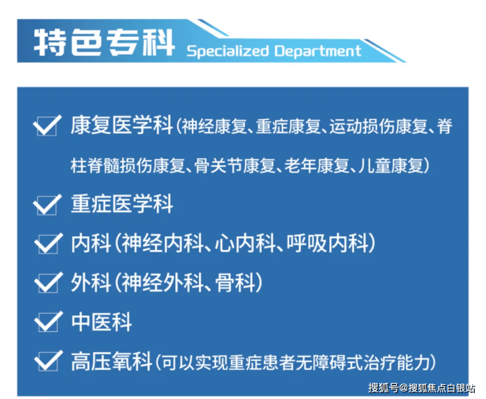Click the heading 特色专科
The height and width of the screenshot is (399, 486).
click(104, 43)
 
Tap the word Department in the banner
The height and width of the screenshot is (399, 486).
click(318, 51)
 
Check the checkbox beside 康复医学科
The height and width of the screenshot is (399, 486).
click(47, 125)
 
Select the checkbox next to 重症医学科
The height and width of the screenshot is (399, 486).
click(47, 205)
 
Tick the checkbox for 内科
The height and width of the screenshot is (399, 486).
click(48, 243)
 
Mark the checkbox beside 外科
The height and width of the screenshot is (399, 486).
click(48, 283)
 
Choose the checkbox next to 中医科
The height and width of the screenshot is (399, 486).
click(48, 322)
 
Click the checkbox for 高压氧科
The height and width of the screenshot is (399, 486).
click(48, 361)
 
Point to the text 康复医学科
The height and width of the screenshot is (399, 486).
click(121, 125)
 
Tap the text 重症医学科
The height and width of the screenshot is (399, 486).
click(121, 204)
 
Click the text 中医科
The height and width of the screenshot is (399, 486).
click(102, 322)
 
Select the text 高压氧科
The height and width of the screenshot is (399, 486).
click(112, 361)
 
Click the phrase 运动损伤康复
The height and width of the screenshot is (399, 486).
click(378, 127)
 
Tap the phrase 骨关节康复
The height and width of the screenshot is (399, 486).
click(235, 165)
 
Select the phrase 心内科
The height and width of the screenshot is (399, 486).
click(245, 243)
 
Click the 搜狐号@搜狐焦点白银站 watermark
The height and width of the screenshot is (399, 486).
click(422, 388)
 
